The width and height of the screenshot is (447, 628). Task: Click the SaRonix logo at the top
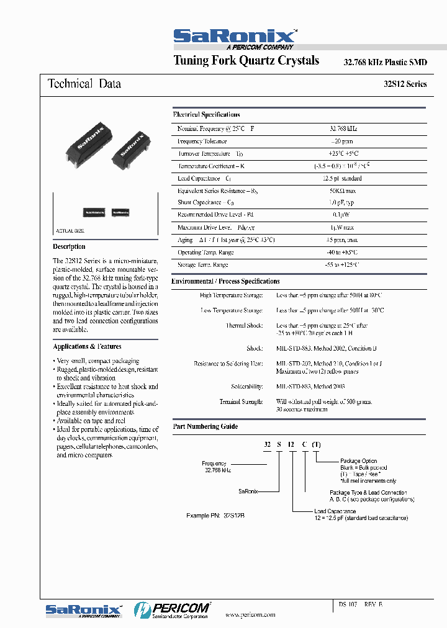pos(235,37)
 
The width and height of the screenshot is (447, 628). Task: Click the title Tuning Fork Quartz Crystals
pos(246,61)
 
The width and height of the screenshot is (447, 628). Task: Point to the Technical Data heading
pos(84,84)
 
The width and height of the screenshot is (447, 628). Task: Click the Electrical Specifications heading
pos(206,115)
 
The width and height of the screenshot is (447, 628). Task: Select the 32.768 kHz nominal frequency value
pos(343,128)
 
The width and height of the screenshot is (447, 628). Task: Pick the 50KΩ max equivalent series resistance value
pos(343,191)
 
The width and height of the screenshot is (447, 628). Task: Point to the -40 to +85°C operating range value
pos(343,253)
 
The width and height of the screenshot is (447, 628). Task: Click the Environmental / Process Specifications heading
pos(225,281)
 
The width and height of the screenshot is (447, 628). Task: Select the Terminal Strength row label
pos(241,402)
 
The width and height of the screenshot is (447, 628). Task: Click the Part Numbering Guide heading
pos(205,426)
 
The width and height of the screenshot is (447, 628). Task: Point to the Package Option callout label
pos(358,461)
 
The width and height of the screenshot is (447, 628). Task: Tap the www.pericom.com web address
pos(250,614)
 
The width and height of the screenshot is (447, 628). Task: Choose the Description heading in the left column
pos(69,246)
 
